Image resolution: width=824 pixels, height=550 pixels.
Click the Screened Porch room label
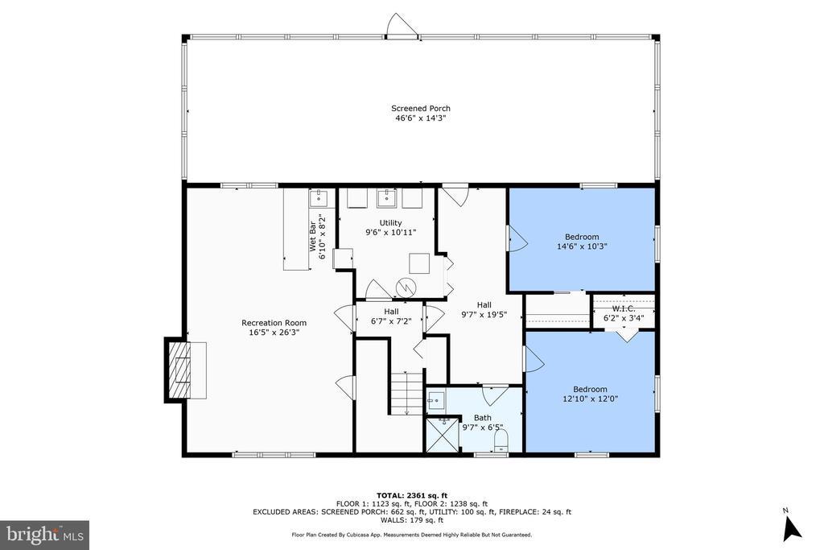(420, 109)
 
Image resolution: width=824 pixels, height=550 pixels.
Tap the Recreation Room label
(274, 323)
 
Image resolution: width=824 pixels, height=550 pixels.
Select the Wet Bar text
(313, 236)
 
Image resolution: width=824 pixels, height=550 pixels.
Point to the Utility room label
(390, 223)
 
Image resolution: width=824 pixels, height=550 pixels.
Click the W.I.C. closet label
(624, 308)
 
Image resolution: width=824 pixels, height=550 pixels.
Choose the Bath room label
(483, 418)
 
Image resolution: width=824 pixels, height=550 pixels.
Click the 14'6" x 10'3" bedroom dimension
(582, 246)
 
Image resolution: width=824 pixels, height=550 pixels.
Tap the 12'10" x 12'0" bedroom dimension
(590, 399)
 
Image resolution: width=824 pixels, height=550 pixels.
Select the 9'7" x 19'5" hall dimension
(484, 314)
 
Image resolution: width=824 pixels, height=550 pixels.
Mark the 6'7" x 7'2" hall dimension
(391, 320)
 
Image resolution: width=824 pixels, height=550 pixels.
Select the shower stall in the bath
(442, 434)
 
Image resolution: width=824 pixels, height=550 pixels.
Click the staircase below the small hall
(406, 393)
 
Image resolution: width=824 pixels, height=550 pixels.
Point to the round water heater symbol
(406, 287)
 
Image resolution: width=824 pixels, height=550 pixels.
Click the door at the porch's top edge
(402, 27)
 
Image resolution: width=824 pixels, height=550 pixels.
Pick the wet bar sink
(319, 199)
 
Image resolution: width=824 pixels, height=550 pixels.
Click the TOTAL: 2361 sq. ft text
(412, 495)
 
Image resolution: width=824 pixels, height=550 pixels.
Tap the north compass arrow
(792, 528)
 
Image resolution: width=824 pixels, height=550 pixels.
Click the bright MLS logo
(45, 536)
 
